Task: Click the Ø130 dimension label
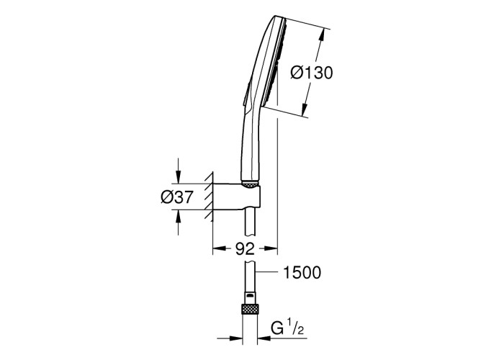312,73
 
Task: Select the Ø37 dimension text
177,197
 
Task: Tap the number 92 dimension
245,248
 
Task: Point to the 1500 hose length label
302,273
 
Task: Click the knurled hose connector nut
250,309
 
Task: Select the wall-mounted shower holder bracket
236,197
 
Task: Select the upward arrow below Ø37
179,222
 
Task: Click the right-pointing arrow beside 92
271,248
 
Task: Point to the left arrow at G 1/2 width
230,338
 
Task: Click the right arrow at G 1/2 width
271,338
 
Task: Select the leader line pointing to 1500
266,272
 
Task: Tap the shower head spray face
274,62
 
